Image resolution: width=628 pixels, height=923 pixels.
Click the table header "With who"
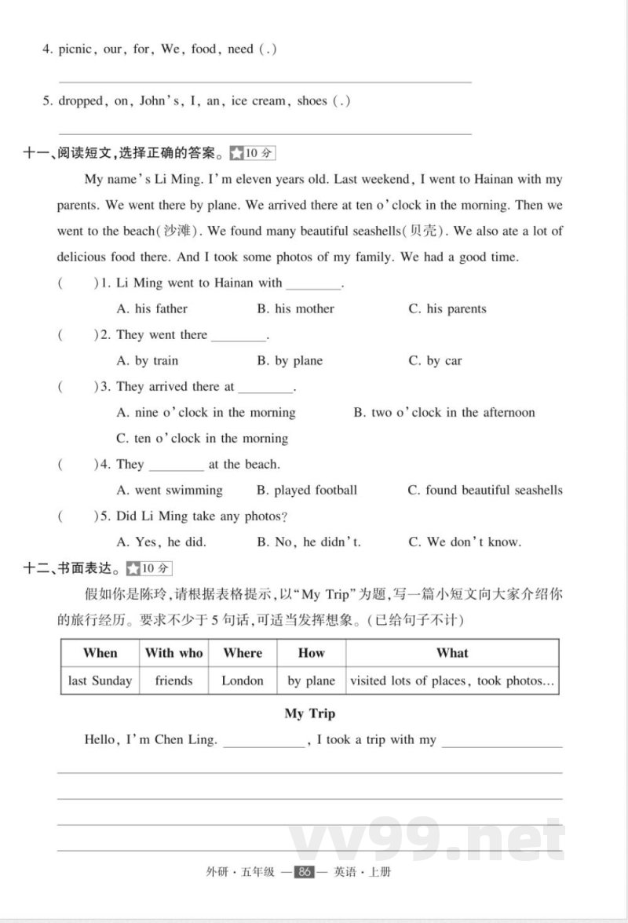173,653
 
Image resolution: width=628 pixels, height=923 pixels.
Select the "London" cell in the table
243,680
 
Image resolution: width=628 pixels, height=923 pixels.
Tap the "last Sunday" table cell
100,680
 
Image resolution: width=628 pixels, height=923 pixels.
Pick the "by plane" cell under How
311,680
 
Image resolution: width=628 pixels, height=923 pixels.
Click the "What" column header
452,653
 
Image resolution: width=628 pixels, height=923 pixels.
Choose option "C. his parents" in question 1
447,309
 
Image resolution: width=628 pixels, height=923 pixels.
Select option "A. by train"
147,361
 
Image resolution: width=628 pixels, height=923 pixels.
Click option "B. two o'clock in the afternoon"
444,413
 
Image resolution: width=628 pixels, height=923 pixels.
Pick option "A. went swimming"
169,491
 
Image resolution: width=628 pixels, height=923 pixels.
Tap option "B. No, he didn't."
309,542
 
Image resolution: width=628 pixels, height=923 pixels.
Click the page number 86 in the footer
303,872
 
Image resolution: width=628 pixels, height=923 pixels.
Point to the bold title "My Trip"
309,713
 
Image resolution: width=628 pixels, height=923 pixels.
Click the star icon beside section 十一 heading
236,153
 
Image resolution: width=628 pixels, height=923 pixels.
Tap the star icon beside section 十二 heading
133,568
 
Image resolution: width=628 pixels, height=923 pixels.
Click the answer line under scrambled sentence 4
265,82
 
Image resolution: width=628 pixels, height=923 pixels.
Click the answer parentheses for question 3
73,387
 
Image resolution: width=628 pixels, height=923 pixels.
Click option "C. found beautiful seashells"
484,491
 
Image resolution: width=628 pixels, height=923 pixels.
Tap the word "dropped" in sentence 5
81,101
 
